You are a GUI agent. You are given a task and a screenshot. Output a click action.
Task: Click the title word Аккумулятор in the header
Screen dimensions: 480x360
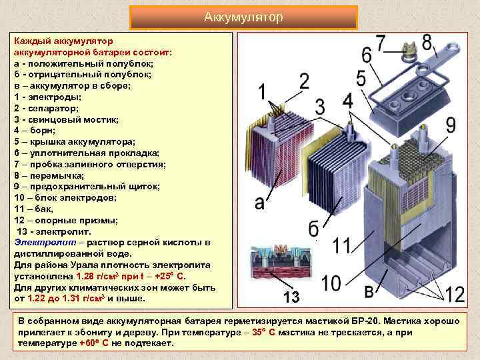[x=243, y=16]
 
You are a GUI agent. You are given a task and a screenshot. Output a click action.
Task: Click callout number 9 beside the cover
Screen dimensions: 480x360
[x=450, y=125]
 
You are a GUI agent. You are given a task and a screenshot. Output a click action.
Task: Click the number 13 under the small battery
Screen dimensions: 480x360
[x=290, y=296]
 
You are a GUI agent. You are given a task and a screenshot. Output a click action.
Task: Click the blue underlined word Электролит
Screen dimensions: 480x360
[x=39, y=242]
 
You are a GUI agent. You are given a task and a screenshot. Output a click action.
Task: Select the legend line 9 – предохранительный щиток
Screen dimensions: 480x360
[x=86, y=186]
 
